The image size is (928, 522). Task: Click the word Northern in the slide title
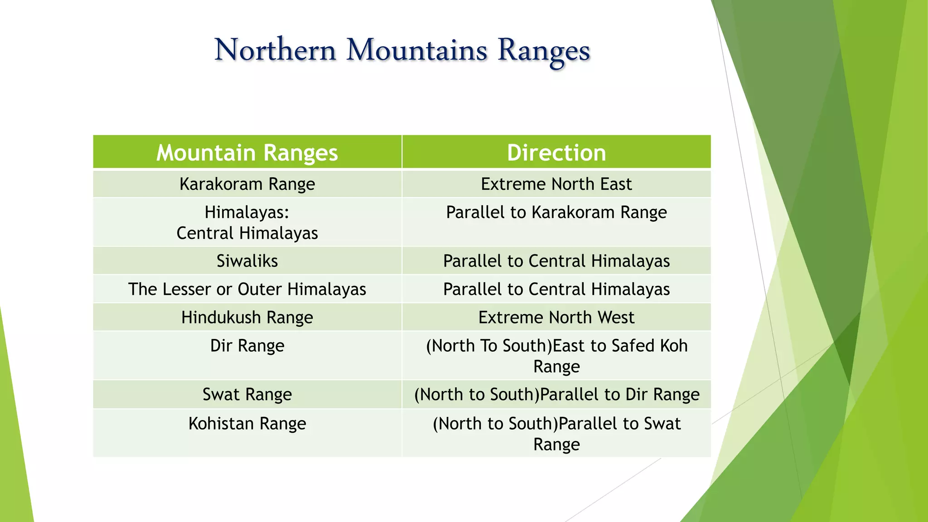275,50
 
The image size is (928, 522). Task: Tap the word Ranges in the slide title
544,51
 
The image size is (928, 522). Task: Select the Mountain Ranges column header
247,153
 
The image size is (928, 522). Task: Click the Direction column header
556,153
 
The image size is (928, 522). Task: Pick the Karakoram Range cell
247,184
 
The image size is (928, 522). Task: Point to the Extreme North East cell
556,184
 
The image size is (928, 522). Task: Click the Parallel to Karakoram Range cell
556,212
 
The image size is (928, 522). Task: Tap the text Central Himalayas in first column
247,233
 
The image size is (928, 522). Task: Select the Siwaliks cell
247,261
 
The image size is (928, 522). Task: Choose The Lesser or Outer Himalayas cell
247,289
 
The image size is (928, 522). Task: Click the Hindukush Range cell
247,317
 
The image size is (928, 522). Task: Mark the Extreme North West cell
556,317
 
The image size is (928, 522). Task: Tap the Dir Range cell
247,346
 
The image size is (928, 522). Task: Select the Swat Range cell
247,394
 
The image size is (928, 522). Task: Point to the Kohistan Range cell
247,424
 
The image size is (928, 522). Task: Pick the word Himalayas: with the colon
247,212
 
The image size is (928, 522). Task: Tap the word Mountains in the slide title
416,50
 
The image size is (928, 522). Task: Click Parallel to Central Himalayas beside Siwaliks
556,261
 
